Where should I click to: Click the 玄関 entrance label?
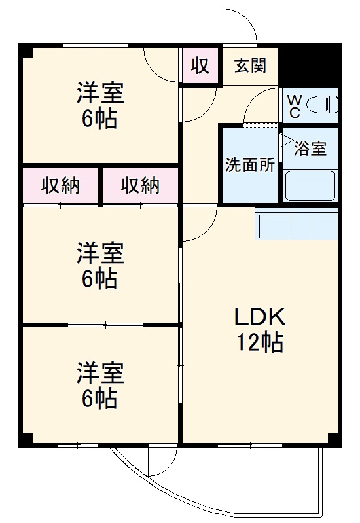pyautogui.click(x=251, y=66)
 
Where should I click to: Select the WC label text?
pyautogui.click(x=295, y=106)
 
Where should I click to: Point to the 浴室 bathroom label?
pyautogui.click(x=310, y=149)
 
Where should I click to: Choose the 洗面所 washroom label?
pyautogui.click(x=250, y=164)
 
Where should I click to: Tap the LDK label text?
pyautogui.click(x=260, y=317)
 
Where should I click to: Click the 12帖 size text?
pyautogui.click(x=260, y=342)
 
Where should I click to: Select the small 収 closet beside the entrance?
pyautogui.click(x=200, y=66)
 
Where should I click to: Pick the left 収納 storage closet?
pyautogui.click(x=61, y=186)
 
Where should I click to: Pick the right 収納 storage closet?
pyautogui.click(x=140, y=186)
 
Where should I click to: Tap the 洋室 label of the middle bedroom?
pyautogui.click(x=100, y=253)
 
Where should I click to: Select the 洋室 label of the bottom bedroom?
pyautogui.click(x=100, y=372)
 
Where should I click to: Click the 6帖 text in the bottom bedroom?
pyautogui.click(x=100, y=397)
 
